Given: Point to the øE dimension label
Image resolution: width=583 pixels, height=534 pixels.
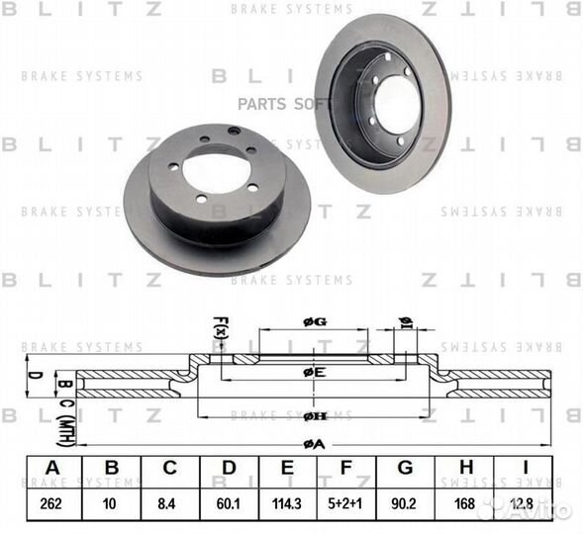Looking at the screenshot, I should point(314,371).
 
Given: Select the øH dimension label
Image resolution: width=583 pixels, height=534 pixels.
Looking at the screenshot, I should point(314,416).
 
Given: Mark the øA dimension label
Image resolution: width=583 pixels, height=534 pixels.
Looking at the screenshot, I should point(314,444).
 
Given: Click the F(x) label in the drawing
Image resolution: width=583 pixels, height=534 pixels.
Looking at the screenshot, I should point(220,327).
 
